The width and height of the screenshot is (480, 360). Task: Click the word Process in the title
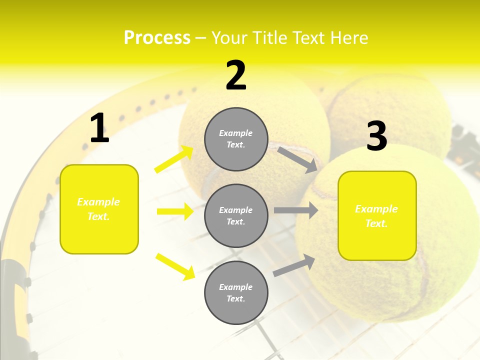click(157, 38)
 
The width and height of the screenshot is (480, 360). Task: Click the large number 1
click(99, 128)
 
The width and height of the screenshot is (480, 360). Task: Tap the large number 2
click(236, 75)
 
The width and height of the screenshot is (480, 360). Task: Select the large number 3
click(377, 136)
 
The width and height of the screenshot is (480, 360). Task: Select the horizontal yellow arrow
click(175, 211)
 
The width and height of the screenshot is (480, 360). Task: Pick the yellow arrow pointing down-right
click(175, 266)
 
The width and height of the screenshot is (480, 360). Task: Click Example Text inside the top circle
click(236, 139)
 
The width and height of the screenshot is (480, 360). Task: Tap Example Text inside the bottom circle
click(236, 293)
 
